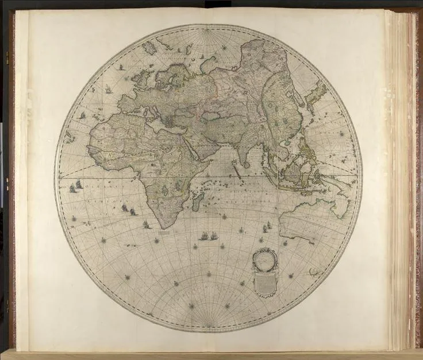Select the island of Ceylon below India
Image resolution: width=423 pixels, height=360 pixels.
pyautogui.click(x=247, y=164)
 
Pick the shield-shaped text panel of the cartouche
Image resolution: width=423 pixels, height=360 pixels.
pyautogui.click(x=265, y=282)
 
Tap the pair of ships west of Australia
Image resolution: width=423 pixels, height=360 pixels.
pyautogui.click(x=266, y=228)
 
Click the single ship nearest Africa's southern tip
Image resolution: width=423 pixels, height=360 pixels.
pyautogui.click(x=147, y=224)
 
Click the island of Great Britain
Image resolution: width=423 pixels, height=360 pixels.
pyautogui.click(x=142, y=76)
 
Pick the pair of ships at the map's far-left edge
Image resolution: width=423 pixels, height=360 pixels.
pyautogui.click(x=75, y=187)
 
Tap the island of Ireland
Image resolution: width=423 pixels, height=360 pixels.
pyautogui.click(x=133, y=77)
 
